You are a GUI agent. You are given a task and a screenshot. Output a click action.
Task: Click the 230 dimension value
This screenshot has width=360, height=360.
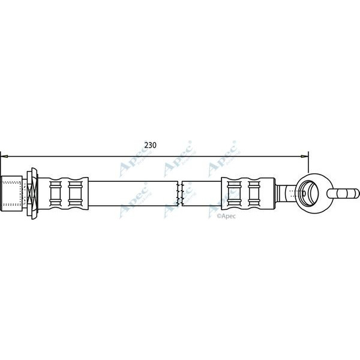151,145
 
